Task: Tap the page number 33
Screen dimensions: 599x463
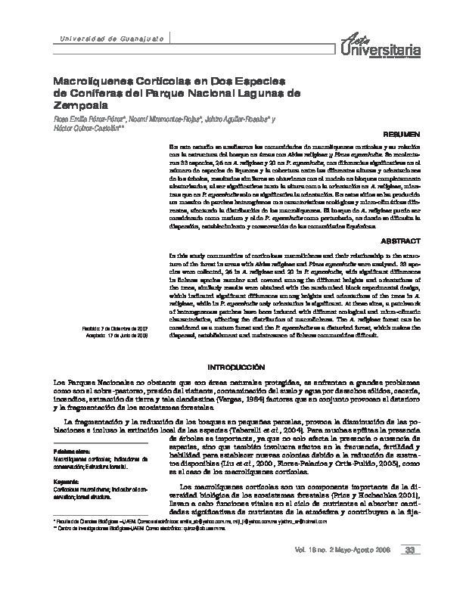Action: tap(410, 570)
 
